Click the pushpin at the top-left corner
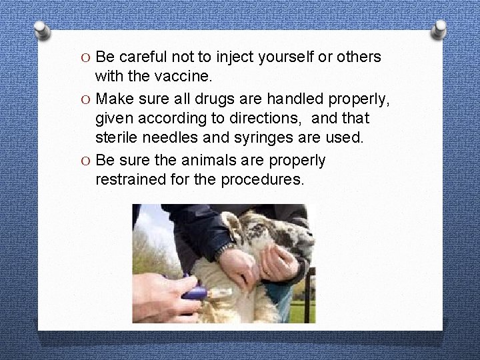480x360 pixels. pyautogui.click(x=42, y=29)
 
